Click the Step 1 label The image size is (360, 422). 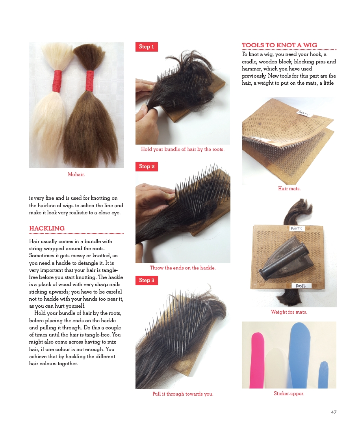[147, 46]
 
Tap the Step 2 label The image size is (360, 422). [147, 166]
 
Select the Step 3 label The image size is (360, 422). [147, 280]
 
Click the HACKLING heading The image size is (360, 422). [47, 228]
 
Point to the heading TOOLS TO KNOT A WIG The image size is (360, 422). [279, 45]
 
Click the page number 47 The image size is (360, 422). [334, 412]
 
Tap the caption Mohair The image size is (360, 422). [76, 175]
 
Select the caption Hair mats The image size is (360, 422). [289, 189]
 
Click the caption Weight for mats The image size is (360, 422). [289, 312]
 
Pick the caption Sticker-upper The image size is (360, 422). [289, 394]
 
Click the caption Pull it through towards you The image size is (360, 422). [183, 394]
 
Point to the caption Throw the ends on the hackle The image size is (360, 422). [183, 268]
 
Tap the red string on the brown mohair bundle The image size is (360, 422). [90, 81]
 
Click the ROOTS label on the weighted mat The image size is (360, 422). [301, 286]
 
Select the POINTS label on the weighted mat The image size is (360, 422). [296, 229]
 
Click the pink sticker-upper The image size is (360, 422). [257, 361]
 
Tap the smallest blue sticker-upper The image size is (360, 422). [323, 375]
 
